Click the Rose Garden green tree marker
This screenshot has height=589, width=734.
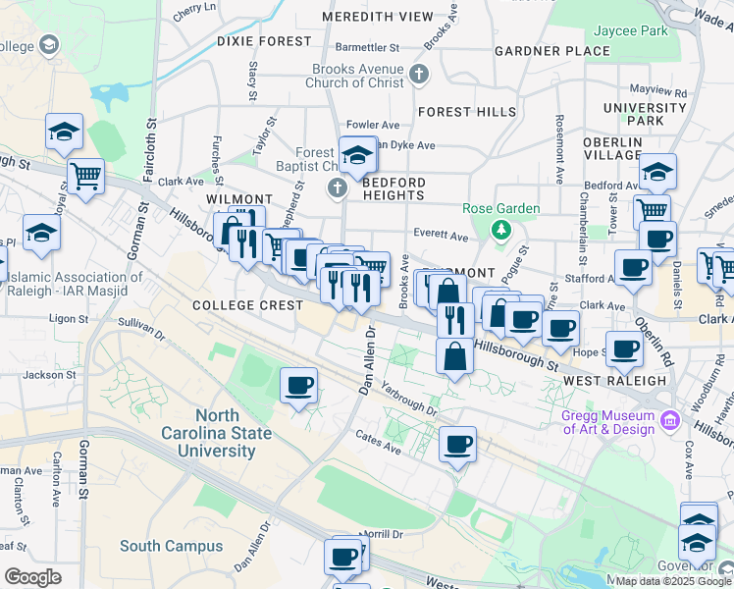501,230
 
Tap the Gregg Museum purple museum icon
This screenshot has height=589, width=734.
671,421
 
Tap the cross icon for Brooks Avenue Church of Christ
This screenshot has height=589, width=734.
419,75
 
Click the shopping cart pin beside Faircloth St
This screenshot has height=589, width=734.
86,177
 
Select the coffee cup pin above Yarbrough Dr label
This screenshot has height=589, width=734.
299,385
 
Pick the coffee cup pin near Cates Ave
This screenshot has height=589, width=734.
457,444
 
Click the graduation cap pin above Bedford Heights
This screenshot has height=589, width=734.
358,155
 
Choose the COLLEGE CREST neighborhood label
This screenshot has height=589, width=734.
247,305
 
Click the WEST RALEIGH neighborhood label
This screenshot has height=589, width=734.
603,380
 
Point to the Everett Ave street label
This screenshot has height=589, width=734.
441,236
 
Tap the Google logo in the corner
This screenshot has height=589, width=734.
32,577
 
